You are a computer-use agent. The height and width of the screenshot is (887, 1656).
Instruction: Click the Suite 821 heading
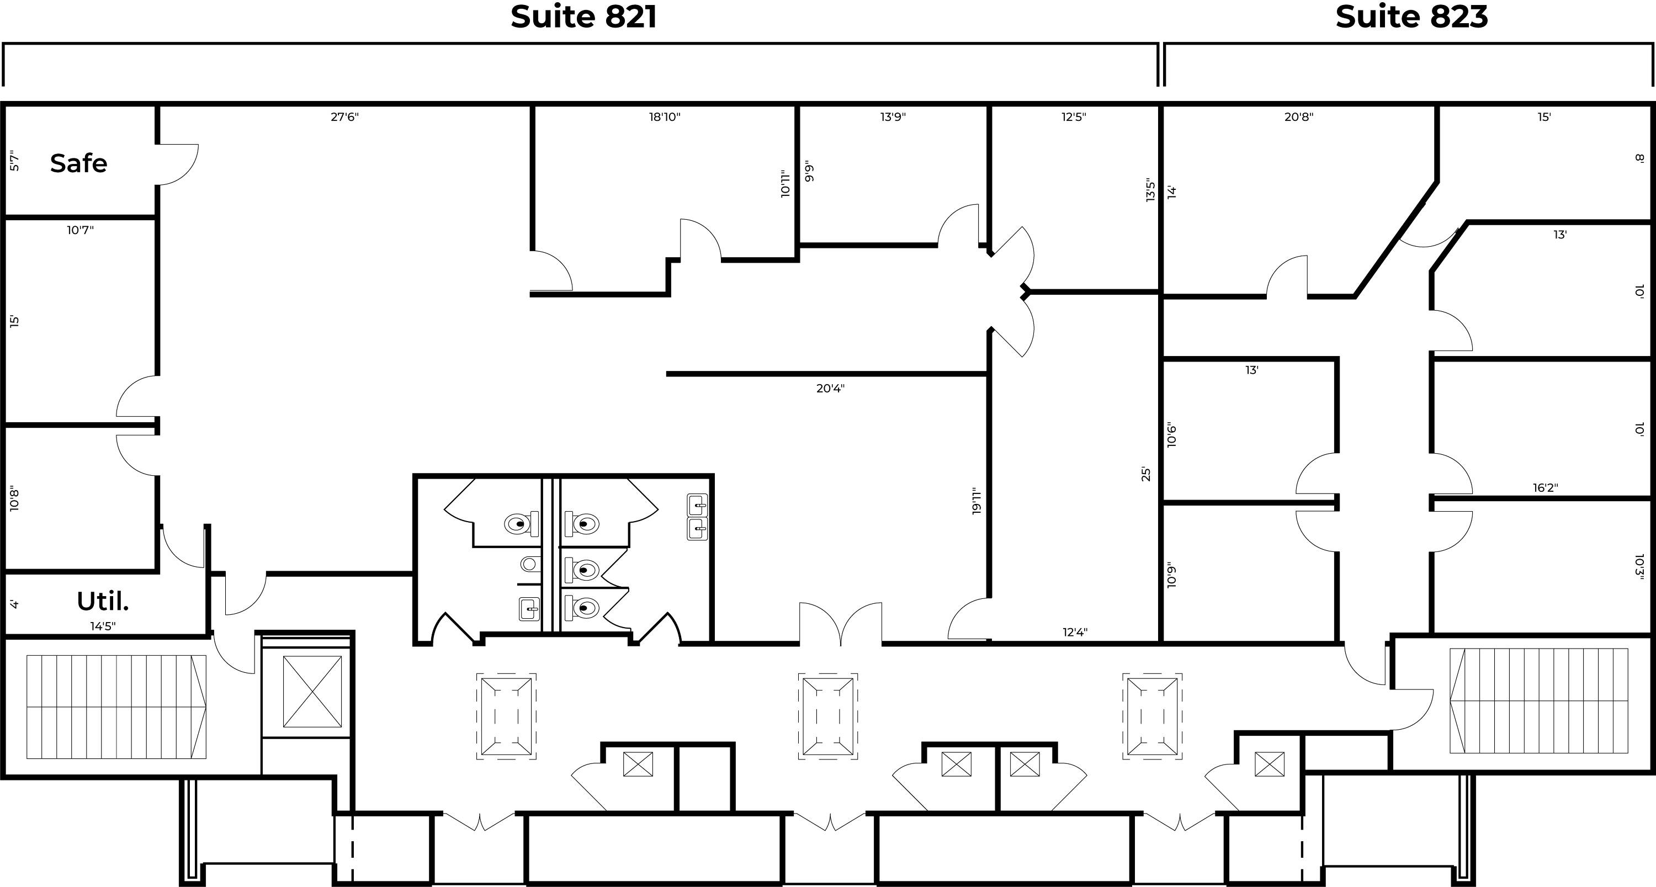(x=583, y=17)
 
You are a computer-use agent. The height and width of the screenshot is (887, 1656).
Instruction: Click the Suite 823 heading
(x=1411, y=17)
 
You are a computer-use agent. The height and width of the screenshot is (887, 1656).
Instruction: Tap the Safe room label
(x=78, y=163)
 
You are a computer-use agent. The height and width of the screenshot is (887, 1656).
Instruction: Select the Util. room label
(x=103, y=602)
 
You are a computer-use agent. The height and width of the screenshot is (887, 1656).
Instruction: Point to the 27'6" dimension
(x=344, y=117)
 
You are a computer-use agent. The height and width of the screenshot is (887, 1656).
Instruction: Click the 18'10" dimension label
(x=665, y=117)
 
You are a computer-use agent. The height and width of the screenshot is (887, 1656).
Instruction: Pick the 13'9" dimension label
(x=893, y=117)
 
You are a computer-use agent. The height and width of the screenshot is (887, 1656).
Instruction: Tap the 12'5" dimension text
(x=1074, y=117)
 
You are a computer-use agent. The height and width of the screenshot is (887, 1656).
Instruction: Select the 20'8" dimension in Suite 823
(x=1298, y=117)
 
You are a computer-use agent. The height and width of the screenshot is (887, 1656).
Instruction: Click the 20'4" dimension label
(x=831, y=388)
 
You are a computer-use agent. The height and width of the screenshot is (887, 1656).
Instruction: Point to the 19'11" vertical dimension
(x=977, y=501)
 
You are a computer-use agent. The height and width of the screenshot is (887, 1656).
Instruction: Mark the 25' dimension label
(x=1145, y=474)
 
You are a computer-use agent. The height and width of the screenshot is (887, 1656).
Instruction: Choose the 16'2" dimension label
(x=1546, y=488)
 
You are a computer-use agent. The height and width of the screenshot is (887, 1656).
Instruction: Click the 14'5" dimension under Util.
(x=103, y=626)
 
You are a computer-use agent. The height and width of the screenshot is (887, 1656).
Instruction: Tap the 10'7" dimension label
(x=81, y=230)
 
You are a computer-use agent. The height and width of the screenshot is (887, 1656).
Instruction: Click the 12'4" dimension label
(x=1075, y=633)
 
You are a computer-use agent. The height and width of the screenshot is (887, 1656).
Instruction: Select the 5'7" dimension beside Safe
(x=14, y=161)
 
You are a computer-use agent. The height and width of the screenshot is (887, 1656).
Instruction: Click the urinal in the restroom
(x=529, y=564)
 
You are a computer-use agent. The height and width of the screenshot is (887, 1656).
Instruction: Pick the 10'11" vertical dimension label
(x=785, y=184)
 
